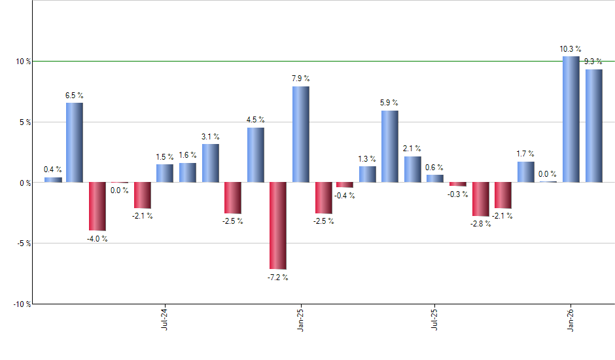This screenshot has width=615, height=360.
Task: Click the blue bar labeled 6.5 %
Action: coord(74,143)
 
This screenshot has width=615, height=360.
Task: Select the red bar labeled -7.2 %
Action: coord(277,225)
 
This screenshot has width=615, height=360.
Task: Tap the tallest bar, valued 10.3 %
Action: coord(571,119)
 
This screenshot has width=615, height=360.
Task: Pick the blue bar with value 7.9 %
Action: coord(300,134)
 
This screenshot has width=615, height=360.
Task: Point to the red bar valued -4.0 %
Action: coord(97,206)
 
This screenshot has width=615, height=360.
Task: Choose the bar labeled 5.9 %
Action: coord(390,147)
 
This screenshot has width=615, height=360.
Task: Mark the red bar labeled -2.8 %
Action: coord(480,199)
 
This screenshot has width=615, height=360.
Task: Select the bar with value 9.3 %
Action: coord(593,126)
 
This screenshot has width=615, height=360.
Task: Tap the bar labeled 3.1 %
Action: coord(210,163)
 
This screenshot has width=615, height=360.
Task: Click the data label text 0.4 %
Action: coord(53,170)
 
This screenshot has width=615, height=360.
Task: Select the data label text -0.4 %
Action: coord(345,196)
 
